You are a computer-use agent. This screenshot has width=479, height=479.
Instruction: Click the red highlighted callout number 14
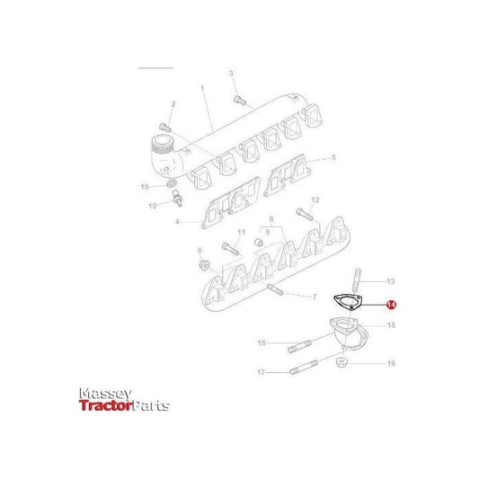click(x=391, y=306)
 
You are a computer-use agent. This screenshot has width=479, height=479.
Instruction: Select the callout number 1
click(x=203, y=89)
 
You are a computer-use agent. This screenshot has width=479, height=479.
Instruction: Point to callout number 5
click(x=333, y=157)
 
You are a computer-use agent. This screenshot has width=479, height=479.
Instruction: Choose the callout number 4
click(x=177, y=222)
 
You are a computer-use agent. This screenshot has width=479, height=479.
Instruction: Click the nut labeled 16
click(x=343, y=363)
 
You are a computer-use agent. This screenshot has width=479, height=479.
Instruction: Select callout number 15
click(x=390, y=325)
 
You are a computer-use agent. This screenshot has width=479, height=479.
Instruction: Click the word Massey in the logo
click(x=106, y=394)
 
